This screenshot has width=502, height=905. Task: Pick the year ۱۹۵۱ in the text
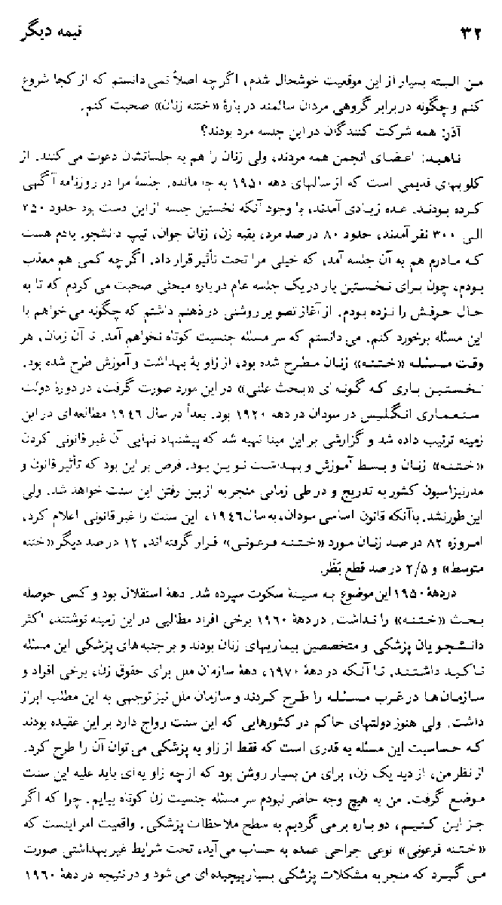point(286,159)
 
